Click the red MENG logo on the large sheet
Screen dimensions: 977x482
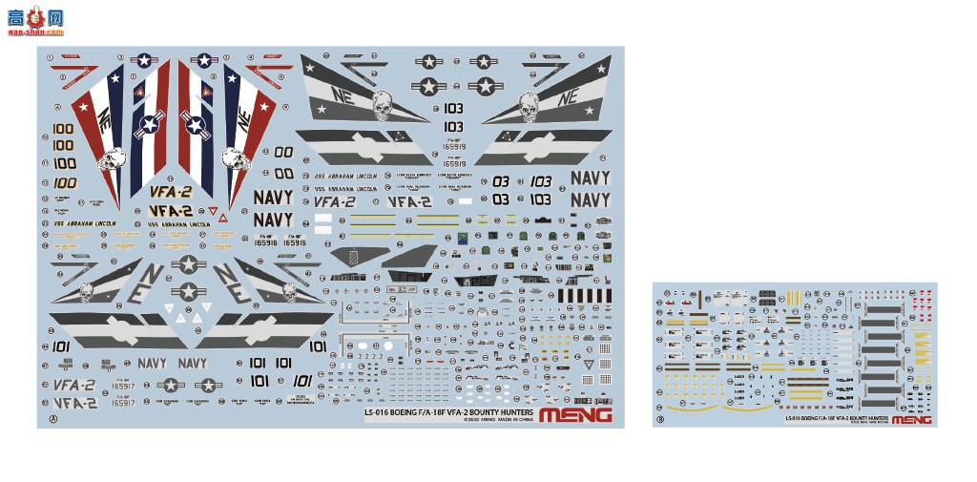575,414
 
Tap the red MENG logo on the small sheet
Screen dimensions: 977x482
912,418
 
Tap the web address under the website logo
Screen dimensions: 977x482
34,31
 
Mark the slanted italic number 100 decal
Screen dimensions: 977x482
65,182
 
